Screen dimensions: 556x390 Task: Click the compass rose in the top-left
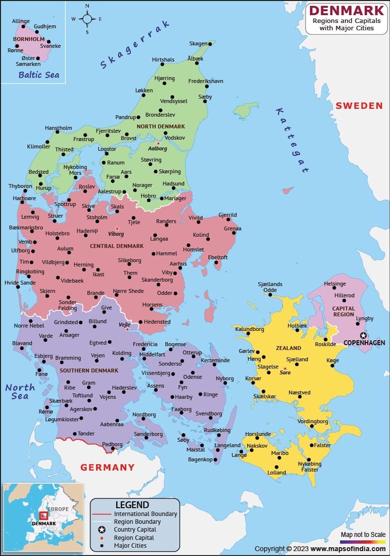point(87,19)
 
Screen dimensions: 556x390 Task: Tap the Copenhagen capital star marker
point(363,335)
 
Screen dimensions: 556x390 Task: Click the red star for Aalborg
point(158,144)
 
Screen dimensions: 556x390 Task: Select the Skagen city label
point(198,43)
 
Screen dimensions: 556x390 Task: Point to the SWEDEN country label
point(359,105)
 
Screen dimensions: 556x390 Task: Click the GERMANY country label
point(107,467)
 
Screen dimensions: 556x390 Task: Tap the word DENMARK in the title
point(347,10)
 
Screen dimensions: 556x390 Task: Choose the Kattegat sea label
point(292,141)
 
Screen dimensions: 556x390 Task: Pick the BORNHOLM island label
point(29,39)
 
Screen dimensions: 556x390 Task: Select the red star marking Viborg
point(117,228)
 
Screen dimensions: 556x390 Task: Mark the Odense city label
point(193,377)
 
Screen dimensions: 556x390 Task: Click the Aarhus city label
point(178,264)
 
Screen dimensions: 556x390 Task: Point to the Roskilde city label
point(326,344)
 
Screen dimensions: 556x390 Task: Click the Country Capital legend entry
point(135,530)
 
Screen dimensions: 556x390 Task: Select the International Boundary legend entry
point(145,514)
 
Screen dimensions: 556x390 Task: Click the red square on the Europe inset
point(43,515)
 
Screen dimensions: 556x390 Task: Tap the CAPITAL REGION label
point(344,311)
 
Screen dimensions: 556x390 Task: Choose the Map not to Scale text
point(363,535)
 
